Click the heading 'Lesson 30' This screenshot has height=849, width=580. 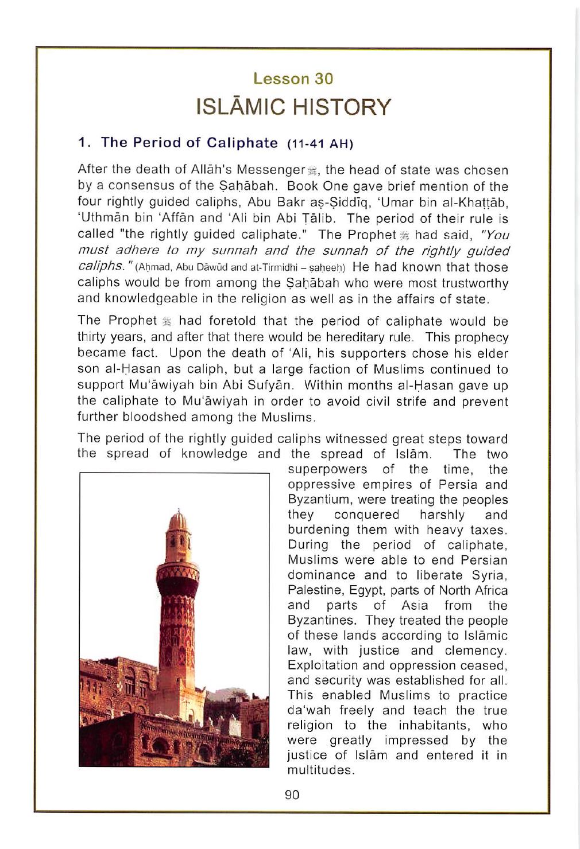tap(293, 79)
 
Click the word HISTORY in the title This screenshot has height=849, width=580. tap(341, 107)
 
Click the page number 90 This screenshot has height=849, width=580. tap(292, 795)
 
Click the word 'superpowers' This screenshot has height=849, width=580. tap(327, 469)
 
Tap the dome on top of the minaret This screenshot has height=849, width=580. tap(179, 520)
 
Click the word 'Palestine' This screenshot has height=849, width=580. tap(315, 590)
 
